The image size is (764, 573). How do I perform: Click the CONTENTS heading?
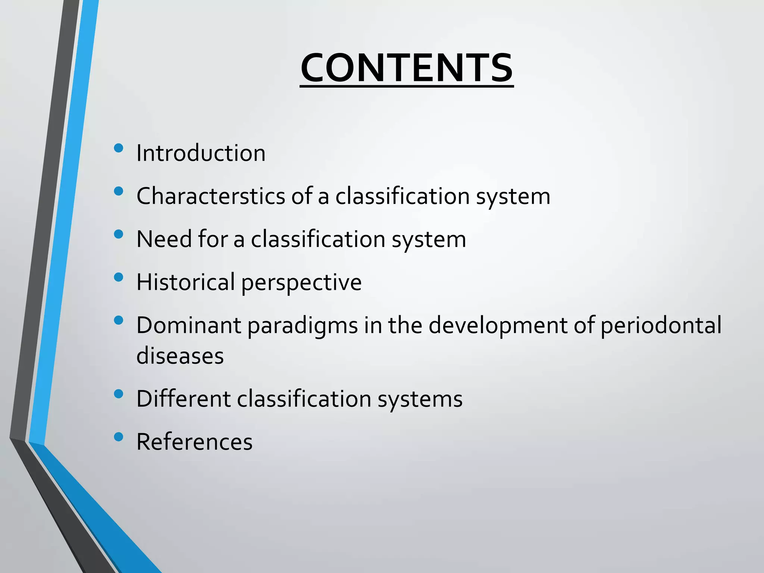point(407,68)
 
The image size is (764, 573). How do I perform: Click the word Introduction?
point(201,153)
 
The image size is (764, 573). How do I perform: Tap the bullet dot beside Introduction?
point(119,148)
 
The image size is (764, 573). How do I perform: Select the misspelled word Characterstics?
point(211,196)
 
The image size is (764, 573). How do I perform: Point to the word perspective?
point(301,283)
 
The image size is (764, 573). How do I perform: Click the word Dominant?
point(188,325)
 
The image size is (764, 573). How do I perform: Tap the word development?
point(498,326)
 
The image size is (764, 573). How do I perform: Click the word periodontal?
point(661,326)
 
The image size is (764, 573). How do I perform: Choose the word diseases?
point(180,356)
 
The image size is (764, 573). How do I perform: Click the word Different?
point(183,398)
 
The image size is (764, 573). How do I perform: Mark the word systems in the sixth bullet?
point(420,399)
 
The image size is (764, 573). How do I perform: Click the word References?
point(194,442)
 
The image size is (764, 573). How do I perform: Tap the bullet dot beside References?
point(119,437)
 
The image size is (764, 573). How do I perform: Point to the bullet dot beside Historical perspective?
point(119,277)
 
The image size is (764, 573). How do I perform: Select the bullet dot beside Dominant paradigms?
point(119,320)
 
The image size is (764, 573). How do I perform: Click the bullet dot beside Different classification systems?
point(119,394)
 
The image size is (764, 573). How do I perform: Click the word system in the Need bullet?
point(429,239)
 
